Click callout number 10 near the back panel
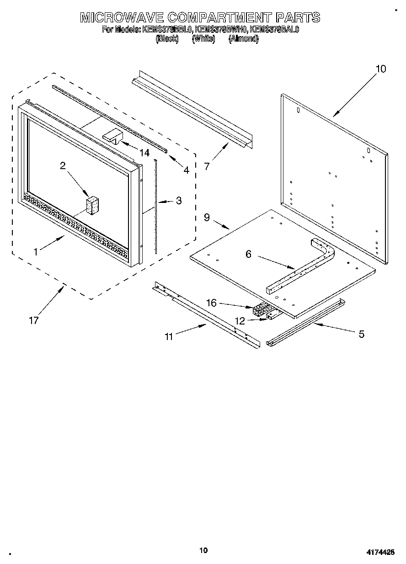click(x=380, y=69)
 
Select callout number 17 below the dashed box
click(x=33, y=321)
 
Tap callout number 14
click(x=144, y=153)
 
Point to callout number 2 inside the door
click(x=63, y=166)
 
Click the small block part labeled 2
click(x=94, y=205)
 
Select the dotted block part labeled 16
click(x=261, y=309)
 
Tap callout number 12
click(x=240, y=321)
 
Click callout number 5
click(x=361, y=335)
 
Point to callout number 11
click(x=169, y=337)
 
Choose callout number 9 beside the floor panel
click(x=207, y=218)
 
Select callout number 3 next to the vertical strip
click(x=179, y=200)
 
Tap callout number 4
click(x=186, y=170)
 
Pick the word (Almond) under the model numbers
click(x=243, y=39)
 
